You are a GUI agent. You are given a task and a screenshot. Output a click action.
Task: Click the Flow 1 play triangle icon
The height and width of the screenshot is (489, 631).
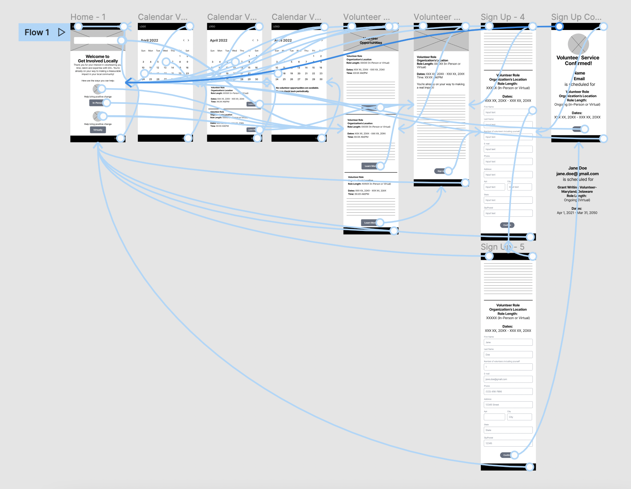(61, 32)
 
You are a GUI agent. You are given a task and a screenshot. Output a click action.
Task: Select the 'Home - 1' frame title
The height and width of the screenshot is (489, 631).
(88, 17)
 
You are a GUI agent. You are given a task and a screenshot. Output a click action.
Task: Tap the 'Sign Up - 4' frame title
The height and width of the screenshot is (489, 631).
(502, 17)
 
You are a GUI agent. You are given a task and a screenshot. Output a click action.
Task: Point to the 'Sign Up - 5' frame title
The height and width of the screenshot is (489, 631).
(502, 247)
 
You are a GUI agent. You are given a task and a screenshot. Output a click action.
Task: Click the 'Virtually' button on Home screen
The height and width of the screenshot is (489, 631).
(98, 130)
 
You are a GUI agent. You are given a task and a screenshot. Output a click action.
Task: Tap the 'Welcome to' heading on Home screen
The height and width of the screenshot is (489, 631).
(97, 57)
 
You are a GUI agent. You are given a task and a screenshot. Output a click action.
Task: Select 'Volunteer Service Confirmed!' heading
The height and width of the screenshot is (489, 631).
(578, 60)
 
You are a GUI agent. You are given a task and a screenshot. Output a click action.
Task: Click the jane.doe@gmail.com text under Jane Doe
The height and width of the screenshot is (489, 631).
(577, 174)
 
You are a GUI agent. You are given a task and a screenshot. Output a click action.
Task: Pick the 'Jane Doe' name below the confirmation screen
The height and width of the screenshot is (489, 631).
(577, 168)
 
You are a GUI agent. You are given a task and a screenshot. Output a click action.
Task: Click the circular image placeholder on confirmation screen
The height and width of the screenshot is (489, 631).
(578, 44)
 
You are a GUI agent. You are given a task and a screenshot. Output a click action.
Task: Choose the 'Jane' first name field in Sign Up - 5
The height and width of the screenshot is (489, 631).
(508, 342)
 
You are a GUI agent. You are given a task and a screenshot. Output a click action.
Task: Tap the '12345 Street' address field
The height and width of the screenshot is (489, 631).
(508, 405)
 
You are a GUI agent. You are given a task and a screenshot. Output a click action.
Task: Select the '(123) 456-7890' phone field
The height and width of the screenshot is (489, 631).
(508, 391)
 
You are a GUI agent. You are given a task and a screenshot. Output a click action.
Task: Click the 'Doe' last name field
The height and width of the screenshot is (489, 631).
(508, 354)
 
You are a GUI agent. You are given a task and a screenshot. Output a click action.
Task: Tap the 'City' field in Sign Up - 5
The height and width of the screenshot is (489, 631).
(519, 417)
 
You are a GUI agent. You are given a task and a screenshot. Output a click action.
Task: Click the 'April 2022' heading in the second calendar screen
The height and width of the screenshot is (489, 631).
(218, 40)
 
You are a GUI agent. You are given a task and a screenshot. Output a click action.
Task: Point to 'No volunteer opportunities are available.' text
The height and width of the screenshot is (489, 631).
(298, 88)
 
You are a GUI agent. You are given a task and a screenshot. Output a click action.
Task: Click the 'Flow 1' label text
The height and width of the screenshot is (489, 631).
(37, 32)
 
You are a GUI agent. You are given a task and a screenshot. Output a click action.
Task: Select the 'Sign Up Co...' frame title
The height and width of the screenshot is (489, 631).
(576, 17)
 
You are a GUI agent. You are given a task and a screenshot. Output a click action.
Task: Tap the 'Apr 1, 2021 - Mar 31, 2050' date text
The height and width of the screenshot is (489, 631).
(577, 213)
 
